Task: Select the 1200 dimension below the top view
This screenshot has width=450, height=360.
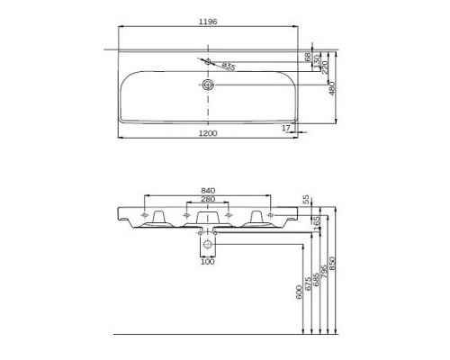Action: (210, 132)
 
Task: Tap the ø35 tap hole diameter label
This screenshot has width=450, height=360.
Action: (229, 67)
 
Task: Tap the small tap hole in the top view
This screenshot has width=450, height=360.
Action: (209, 62)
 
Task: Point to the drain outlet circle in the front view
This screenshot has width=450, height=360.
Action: (209, 244)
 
